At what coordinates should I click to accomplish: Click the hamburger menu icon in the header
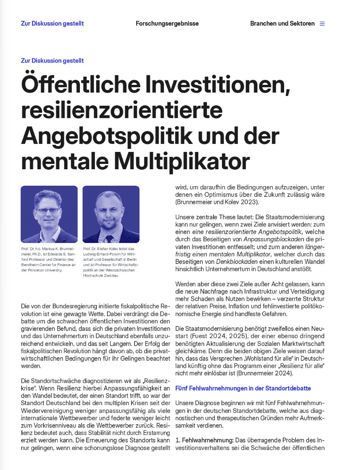322,24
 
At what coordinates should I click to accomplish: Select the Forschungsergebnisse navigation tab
167,24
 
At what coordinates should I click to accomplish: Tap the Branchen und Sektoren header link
282,24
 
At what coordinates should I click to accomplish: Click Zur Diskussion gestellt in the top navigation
52,24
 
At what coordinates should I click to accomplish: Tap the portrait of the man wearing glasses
49,214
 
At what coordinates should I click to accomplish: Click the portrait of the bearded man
111,214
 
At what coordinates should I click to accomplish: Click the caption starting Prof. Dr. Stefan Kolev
111,262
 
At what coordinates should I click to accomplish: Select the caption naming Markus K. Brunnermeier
49,259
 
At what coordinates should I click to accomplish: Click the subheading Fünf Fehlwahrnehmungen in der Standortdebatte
243,388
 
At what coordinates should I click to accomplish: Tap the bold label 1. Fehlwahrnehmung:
203,440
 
